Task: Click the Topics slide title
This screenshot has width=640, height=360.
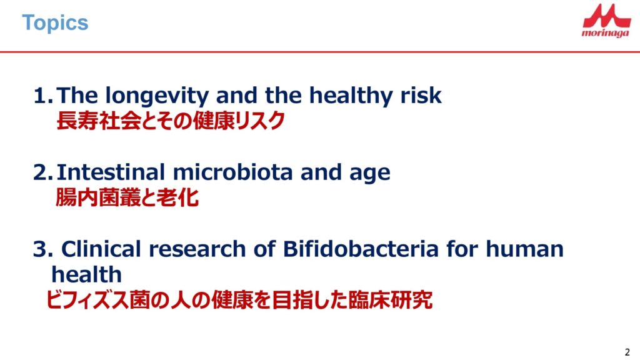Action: pyautogui.click(x=55, y=23)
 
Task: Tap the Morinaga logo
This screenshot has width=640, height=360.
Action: pyautogui.click(x=606, y=21)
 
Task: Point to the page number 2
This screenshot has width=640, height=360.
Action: pyautogui.click(x=627, y=352)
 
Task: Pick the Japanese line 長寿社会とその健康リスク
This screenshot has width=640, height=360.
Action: pyautogui.click(x=170, y=121)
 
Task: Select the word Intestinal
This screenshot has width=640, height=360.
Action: pyautogui.click(x=111, y=172)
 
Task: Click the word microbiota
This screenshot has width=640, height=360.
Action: pyautogui.click(x=232, y=172)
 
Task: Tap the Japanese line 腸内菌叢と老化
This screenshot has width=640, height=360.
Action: pyautogui.click(x=127, y=197)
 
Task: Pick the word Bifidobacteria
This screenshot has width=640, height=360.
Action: pyautogui.click(x=361, y=249)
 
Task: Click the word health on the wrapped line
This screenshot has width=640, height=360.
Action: pyautogui.click(x=86, y=274)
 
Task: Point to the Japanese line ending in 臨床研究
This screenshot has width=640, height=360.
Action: pyautogui.click(x=239, y=300)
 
